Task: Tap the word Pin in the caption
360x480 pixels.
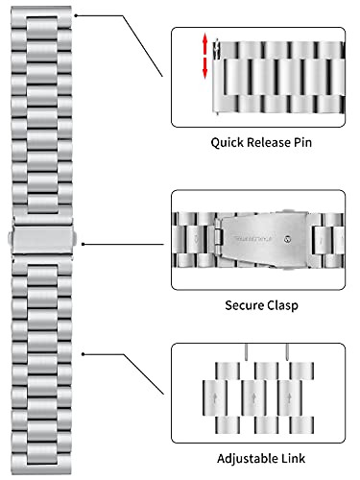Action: [302, 142]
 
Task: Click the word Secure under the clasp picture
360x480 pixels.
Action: [244, 305]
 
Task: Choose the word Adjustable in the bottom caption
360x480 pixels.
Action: [247, 459]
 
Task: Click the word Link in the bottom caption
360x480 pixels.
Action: [293, 458]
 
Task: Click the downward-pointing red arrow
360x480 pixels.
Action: [204, 68]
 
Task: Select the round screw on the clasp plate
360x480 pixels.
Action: [288, 239]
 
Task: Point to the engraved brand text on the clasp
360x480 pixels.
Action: [253, 239]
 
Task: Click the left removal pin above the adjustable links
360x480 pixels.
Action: [247, 351]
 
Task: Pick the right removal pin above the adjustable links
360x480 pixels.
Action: [287, 351]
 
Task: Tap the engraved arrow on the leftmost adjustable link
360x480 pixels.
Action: [215, 398]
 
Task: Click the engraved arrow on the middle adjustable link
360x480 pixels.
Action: [253, 398]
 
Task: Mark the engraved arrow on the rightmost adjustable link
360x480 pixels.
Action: [289, 398]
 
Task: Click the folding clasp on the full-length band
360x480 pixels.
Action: [42, 238]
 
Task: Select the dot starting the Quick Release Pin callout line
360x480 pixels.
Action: [76, 15]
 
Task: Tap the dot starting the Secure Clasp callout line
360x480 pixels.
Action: [83, 244]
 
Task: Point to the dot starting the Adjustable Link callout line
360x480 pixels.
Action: [83, 354]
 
